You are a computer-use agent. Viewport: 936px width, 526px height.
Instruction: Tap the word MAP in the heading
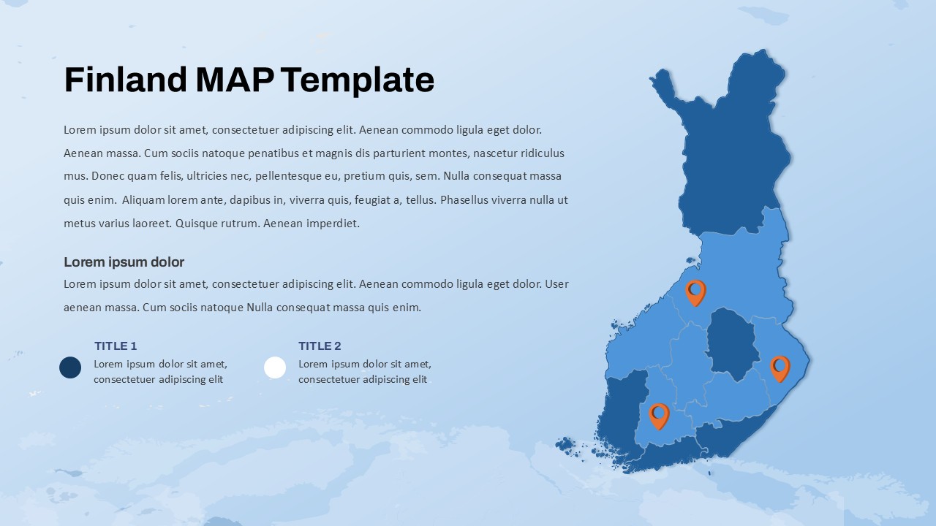pyautogui.click(x=235, y=80)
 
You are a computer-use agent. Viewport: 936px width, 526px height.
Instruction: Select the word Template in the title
pyautogui.click(x=358, y=80)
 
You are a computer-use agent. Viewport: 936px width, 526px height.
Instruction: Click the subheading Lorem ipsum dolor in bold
pyautogui.click(x=124, y=262)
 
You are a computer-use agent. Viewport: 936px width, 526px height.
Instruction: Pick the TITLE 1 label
pyautogui.click(x=116, y=346)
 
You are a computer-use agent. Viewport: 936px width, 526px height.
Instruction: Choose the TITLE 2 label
pyautogui.click(x=320, y=346)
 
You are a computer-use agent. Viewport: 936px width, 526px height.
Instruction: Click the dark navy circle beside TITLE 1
pyautogui.click(x=70, y=367)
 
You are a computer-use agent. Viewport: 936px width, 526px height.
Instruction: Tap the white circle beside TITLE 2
pyautogui.click(x=275, y=367)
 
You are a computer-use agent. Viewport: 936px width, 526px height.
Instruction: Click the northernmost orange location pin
pyautogui.click(x=695, y=291)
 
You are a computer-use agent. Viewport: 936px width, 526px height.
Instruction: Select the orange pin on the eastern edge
pyautogui.click(x=780, y=367)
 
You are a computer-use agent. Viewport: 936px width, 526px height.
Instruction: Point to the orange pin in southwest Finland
pyautogui.click(x=659, y=415)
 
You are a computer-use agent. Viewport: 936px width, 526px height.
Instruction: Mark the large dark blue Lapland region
pyautogui.click(x=731, y=146)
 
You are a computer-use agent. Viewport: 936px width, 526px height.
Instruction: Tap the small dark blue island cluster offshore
pyautogui.click(x=565, y=444)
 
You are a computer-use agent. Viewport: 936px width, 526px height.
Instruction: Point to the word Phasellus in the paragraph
pyautogui.click(x=468, y=200)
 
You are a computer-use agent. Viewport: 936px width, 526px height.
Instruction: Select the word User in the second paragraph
pyautogui.click(x=556, y=284)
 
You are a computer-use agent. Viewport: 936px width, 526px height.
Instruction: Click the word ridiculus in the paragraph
pyautogui.click(x=540, y=153)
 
